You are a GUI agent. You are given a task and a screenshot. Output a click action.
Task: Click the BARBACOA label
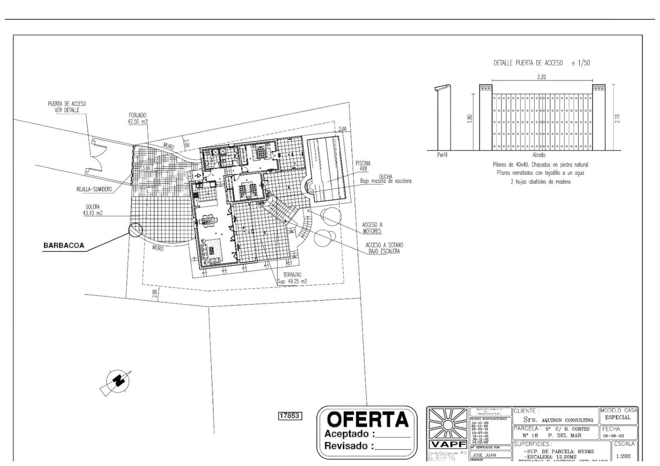64,245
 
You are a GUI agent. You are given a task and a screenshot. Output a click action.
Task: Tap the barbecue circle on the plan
135,230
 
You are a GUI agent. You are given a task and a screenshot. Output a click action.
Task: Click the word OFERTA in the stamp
367,420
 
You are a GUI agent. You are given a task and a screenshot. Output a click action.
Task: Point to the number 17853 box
290,416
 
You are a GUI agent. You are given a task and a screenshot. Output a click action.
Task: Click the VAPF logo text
448,445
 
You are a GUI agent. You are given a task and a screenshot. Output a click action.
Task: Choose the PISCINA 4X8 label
363,166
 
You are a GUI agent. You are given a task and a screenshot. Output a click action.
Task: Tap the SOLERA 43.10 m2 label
93,210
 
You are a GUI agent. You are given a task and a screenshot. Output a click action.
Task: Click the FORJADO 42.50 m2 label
138,118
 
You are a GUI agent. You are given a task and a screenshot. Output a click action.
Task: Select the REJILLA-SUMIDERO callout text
94,189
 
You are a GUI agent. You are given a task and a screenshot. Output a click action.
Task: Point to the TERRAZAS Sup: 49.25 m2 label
292,278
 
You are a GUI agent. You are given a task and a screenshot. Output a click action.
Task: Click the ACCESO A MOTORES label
372,228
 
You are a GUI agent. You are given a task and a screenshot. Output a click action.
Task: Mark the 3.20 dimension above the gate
541,77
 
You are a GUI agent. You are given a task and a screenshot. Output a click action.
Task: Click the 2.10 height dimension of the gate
617,119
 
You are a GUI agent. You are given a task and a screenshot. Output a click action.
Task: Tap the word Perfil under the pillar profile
442,155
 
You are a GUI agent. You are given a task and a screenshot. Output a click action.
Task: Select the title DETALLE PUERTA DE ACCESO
528,63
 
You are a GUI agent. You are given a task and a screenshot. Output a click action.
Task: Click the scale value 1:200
623,457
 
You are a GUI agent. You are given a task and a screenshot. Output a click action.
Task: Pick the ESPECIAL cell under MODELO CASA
618,417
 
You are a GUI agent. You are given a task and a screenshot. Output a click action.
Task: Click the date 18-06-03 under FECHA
613,436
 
